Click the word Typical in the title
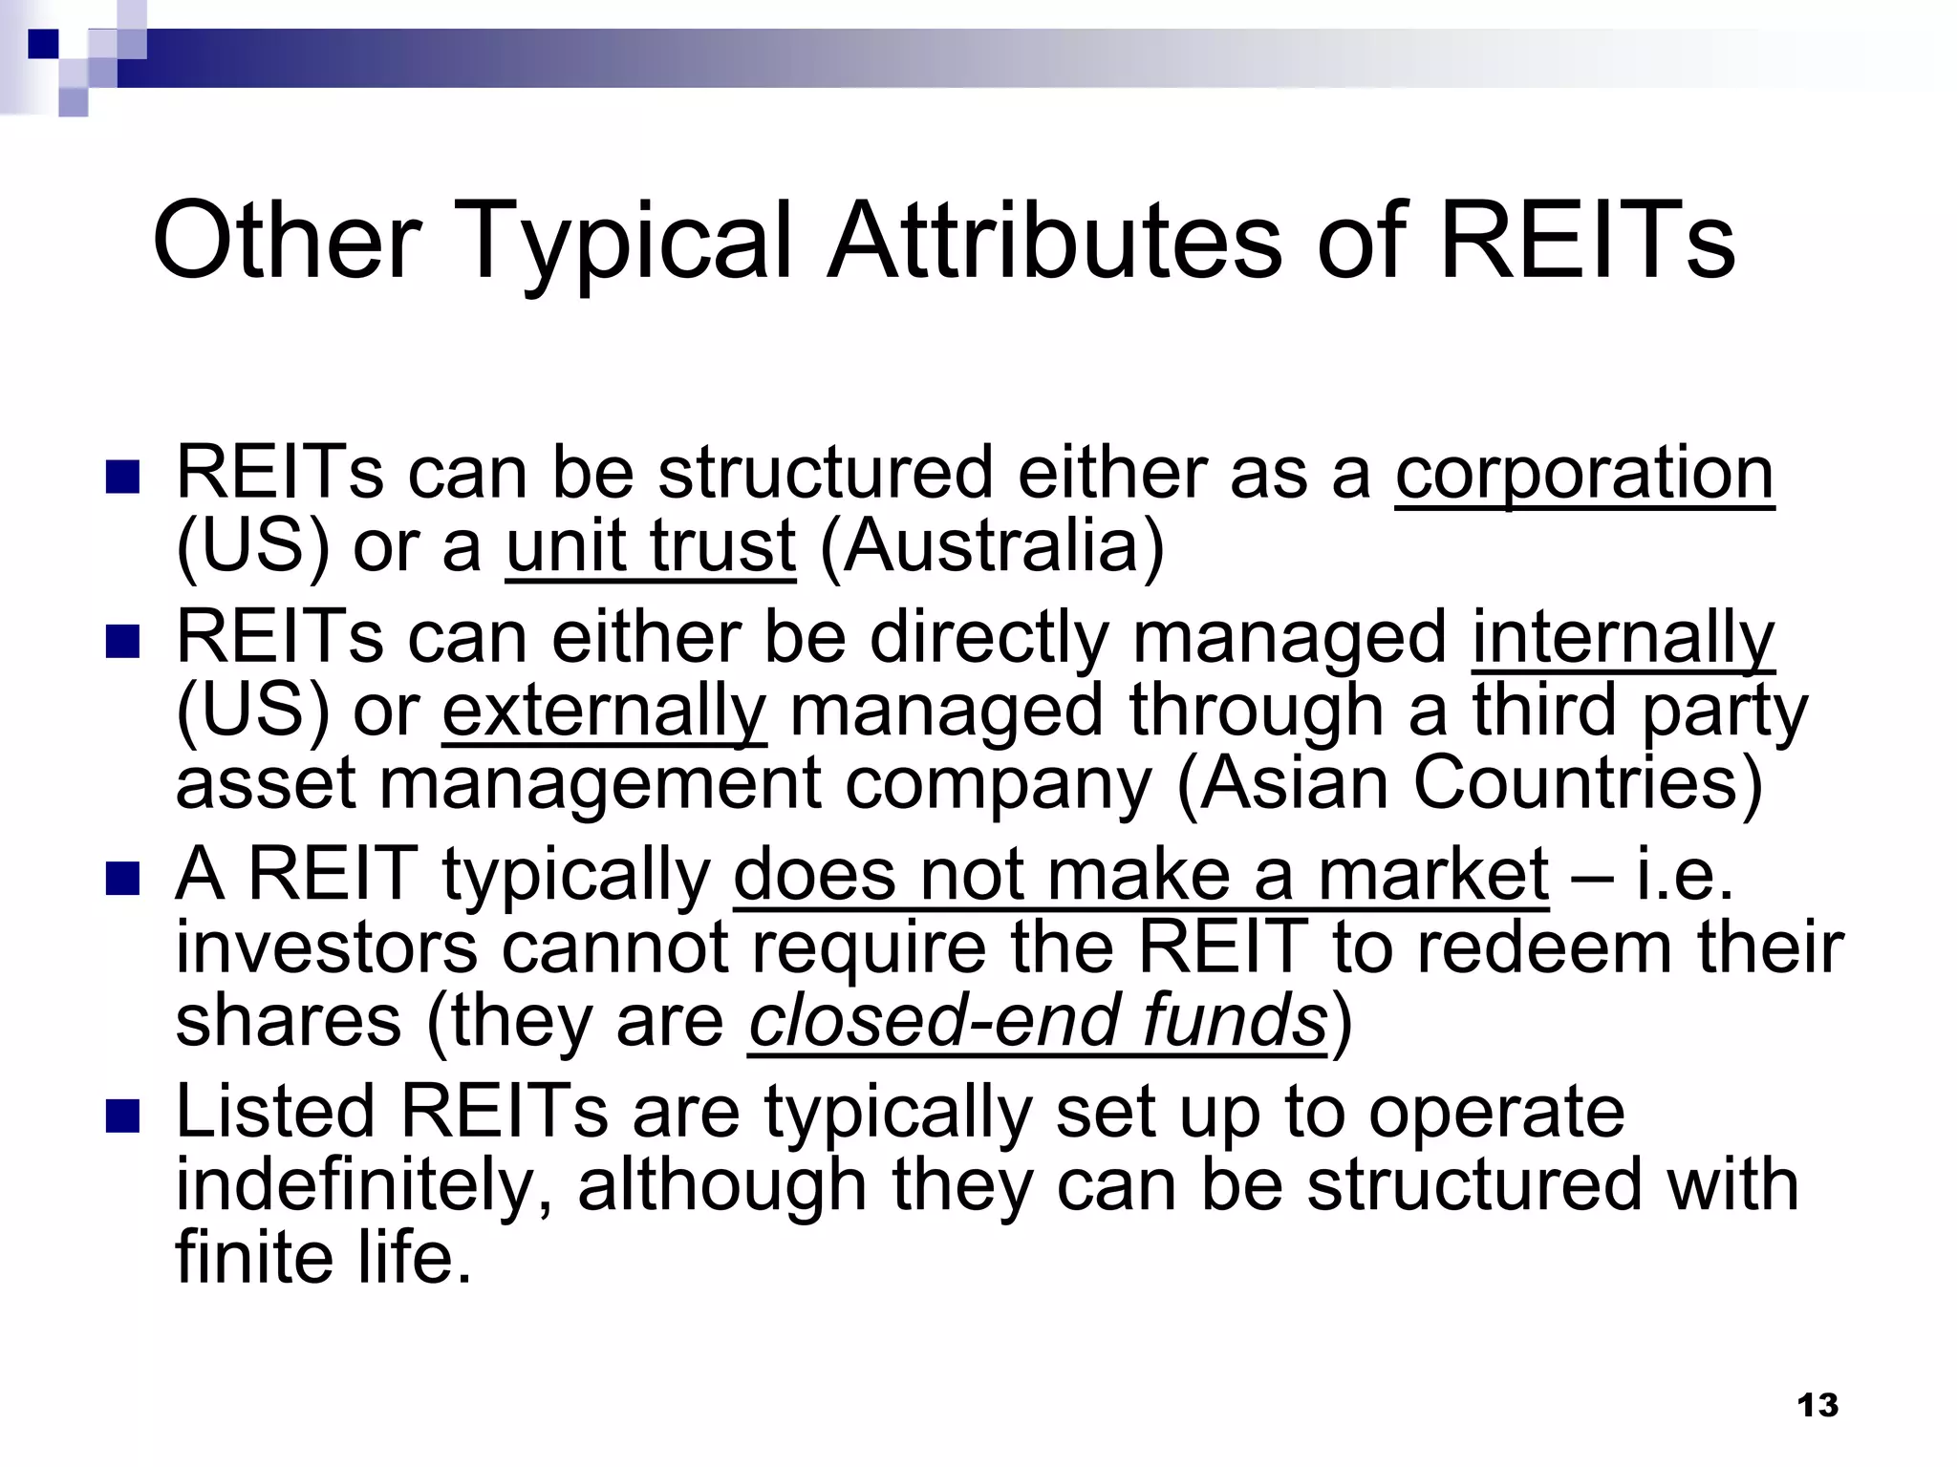(627, 244)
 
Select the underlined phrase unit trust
(650, 546)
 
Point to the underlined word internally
(1623, 638)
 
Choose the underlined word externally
(604, 712)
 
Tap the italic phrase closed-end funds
(1037, 1020)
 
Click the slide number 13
(1817, 1405)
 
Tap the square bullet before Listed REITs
(122, 1116)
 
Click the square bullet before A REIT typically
(122, 877)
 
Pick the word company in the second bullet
(998, 783)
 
